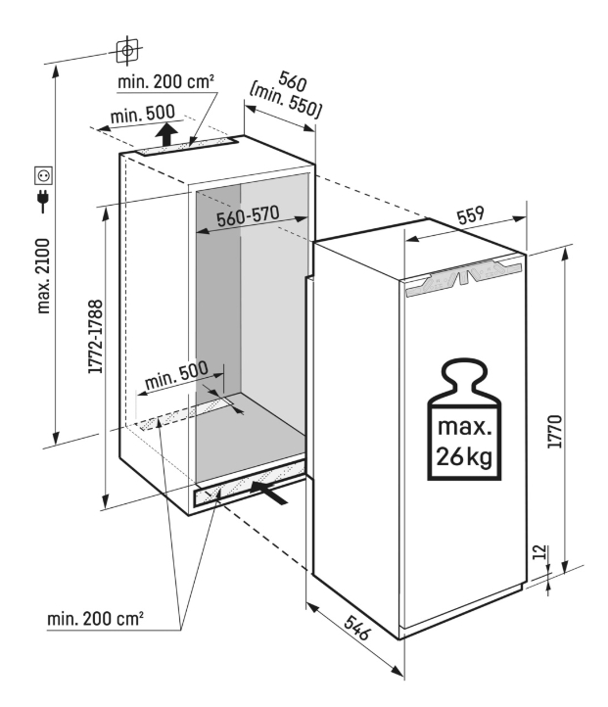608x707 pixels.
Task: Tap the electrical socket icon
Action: [43, 175]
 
